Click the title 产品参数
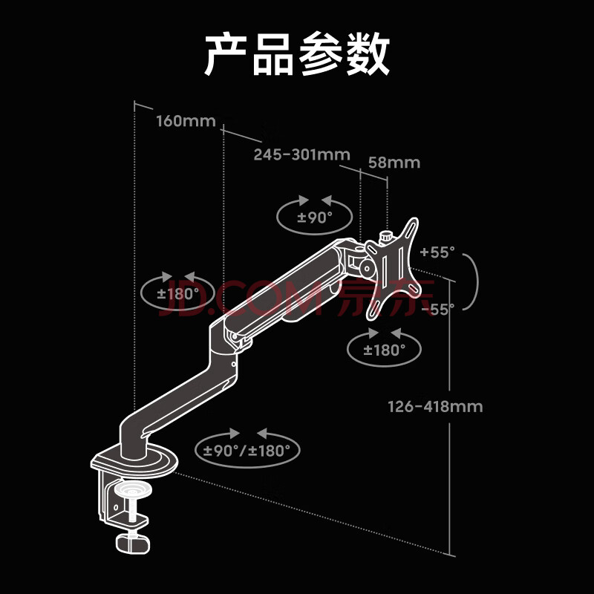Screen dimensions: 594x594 pyautogui.click(x=297, y=54)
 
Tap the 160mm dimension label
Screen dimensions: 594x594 pyautogui.click(x=185, y=121)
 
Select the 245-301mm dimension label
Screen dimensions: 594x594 pyautogui.click(x=301, y=154)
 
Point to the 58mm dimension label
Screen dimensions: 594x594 pyautogui.click(x=394, y=163)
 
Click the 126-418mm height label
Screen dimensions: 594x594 pyautogui.click(x=435, y=406)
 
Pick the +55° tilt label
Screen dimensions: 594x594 pyautogui.click(x=436, y=252)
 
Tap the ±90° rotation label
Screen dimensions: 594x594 pyautogui.click(x=315, y=218)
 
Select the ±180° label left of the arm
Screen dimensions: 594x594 pyautogui.click(x=177, y=293)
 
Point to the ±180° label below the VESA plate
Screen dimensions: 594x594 pyautogui.click(x=384, y=350)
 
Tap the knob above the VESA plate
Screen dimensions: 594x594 pyautogui.click(x=387, y=237)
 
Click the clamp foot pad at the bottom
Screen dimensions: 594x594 pyautogui.click(x=133, y=543)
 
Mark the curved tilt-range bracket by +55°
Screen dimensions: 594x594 pyautogui.click(x=472, y=280)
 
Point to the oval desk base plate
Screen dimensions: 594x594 pyautogui.click(x=145, y=461)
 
